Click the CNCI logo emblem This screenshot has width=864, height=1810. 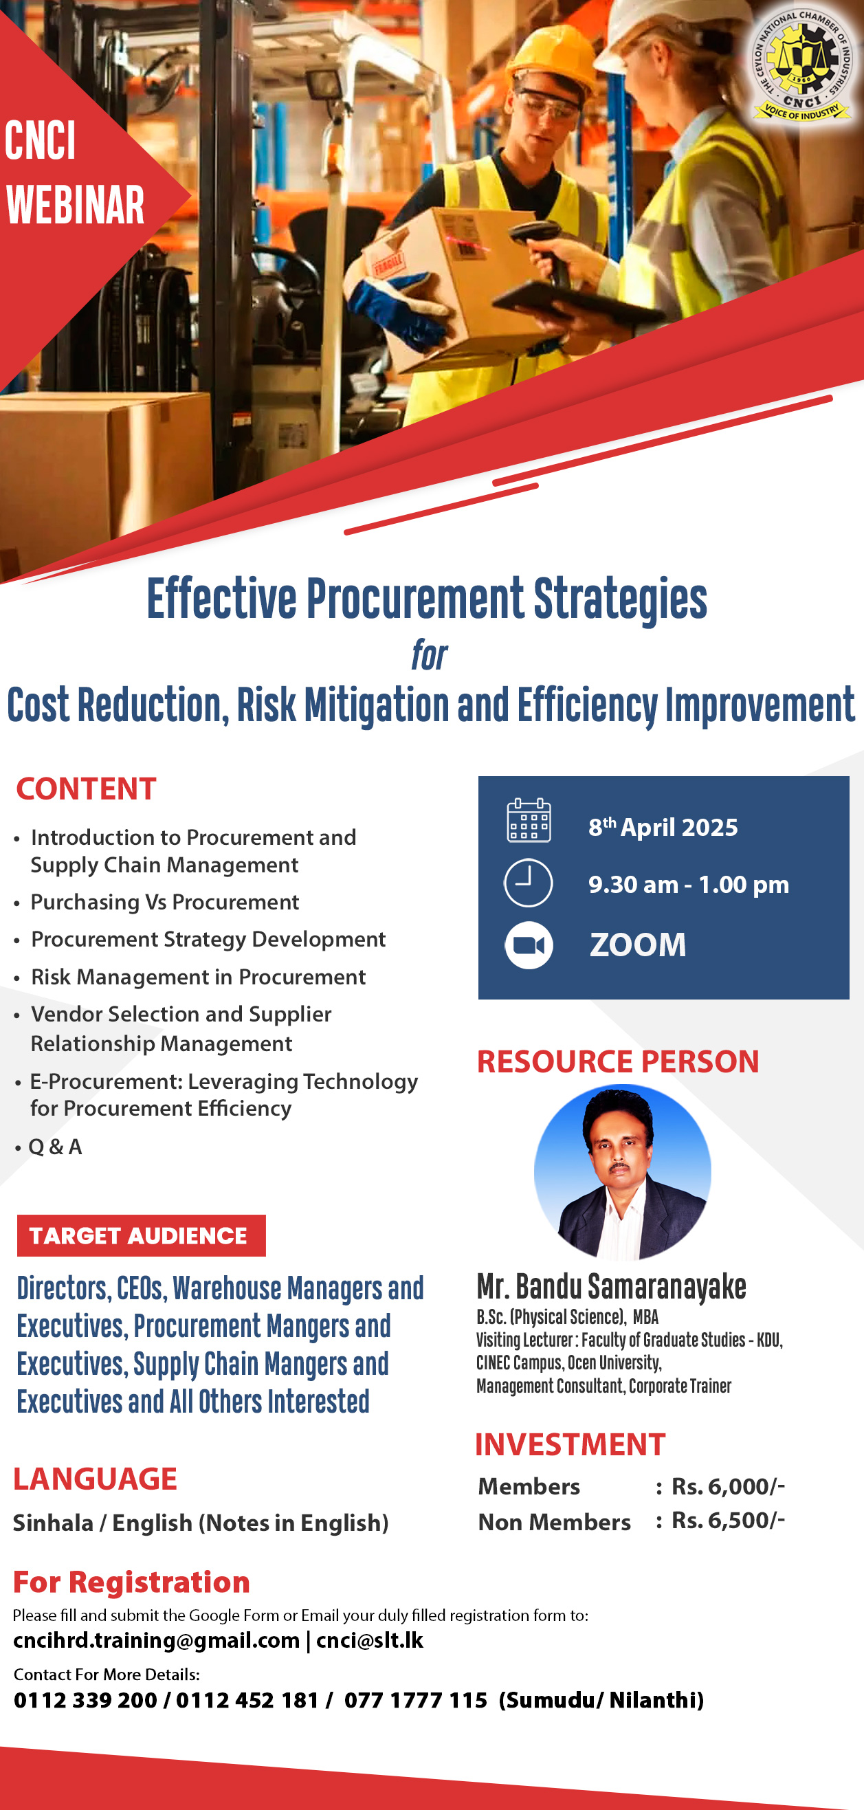point(801,64)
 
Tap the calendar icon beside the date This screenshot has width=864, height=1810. point(529,820)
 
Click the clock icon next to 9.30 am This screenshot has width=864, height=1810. point(529,883)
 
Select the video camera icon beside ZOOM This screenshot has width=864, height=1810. point(529,945)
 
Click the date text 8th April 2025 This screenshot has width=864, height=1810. point(663,827)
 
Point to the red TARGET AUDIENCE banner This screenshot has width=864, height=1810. point(141,1235)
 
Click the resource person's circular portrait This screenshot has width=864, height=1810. point(622,1171)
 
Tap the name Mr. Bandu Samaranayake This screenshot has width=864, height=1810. point(611,1288)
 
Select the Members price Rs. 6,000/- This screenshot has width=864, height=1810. point(728,1486)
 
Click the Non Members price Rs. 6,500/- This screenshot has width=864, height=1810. point(728,1520)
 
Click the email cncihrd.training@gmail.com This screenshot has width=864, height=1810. point(157,1640)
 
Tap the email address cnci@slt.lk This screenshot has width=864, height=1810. point(370,1640)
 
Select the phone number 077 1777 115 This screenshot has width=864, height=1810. point(415,1700)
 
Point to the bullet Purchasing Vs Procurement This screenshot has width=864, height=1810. point(164,901)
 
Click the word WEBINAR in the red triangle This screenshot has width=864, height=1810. point(75,205)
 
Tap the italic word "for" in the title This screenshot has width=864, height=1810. point(429,656)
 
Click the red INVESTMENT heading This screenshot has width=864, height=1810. point(570,1444)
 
